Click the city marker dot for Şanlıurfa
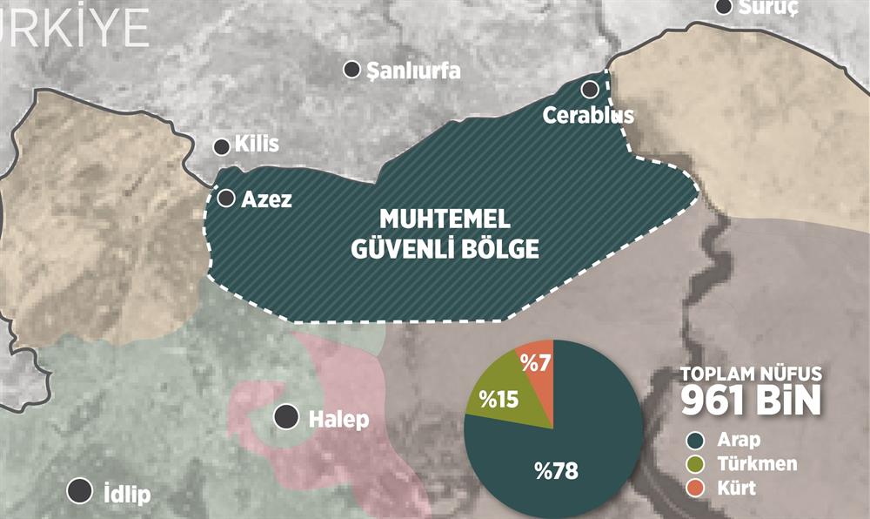pyautogui.click(x=352, y=70)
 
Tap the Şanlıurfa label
pyautogui.click(x=413, y=71)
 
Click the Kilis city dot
pyautogui.click(x=221, y=145)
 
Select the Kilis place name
pyautogui.click(x=258, y=145)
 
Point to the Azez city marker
pyautogui.click(x=226, y=199)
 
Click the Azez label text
pyautogui.click(x=267, y=199)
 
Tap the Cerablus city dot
pyautogui.click(x=590, y=88)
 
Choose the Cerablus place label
pyautogui.click(x=588, y=115)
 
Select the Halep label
pyautogui.click(x=338, y=420)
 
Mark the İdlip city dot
pyautogui.click(x=81, y=491)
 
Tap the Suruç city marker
pyautogui.click(x=724, y=7)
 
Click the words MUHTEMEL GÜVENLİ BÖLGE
pyautogui.click(x=445, y=233)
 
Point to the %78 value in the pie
pyautogui.click(x=557, y=471)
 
